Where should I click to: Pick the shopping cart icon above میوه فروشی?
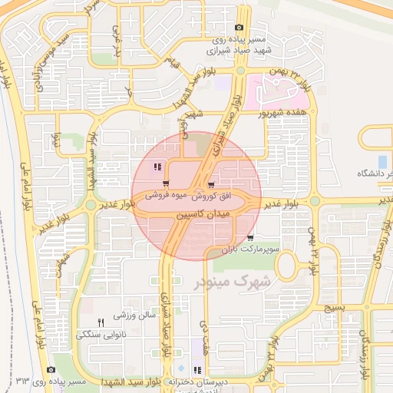click(x=166, y=183)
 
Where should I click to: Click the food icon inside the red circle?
click(x=157, y=167)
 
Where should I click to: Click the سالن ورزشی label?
click(x=135, y=315)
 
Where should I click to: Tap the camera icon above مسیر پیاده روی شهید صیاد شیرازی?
click(x=239, y=28)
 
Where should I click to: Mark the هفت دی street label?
click(x=205, y=338)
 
